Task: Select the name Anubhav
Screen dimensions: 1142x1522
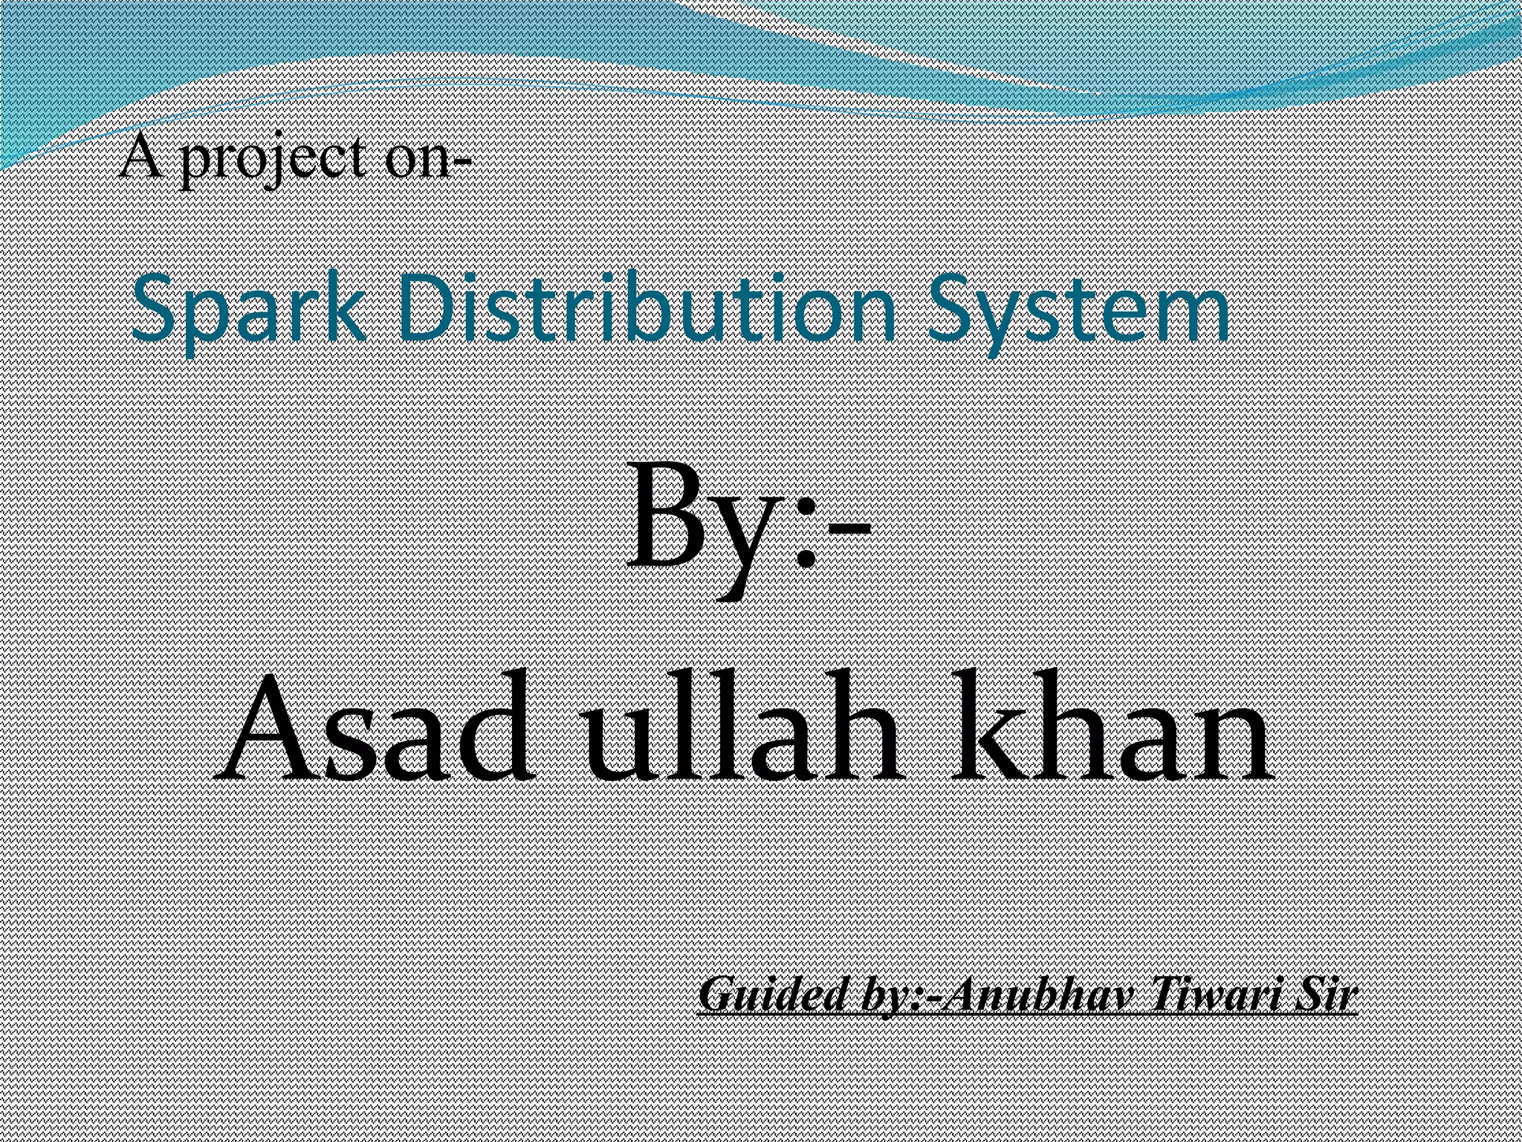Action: click(x=1033, y=995)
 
